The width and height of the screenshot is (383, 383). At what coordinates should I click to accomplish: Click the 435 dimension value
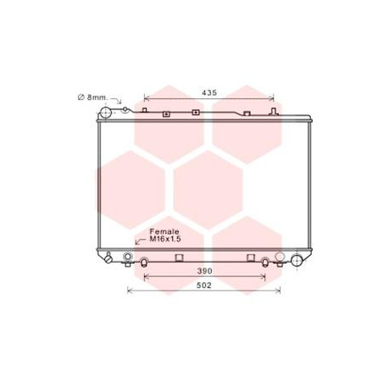click(209, 92)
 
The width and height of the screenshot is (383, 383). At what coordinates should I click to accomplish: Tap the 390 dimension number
click(204, 271)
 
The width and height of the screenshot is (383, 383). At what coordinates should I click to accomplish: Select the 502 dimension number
click(204, 286)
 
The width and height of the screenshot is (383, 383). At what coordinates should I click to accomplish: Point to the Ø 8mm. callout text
click(92, 97)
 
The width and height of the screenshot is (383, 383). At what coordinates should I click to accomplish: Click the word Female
click(164, 231)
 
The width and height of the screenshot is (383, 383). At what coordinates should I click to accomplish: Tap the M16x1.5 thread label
click(165, 239)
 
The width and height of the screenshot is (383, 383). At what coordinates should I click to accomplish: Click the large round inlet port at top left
click(106, 113)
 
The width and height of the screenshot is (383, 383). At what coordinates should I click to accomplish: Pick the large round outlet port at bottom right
click(297, 260)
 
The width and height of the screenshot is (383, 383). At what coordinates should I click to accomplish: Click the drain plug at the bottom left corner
click(108, 258)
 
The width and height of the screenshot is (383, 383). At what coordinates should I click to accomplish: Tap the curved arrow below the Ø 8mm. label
click(117, 99)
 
